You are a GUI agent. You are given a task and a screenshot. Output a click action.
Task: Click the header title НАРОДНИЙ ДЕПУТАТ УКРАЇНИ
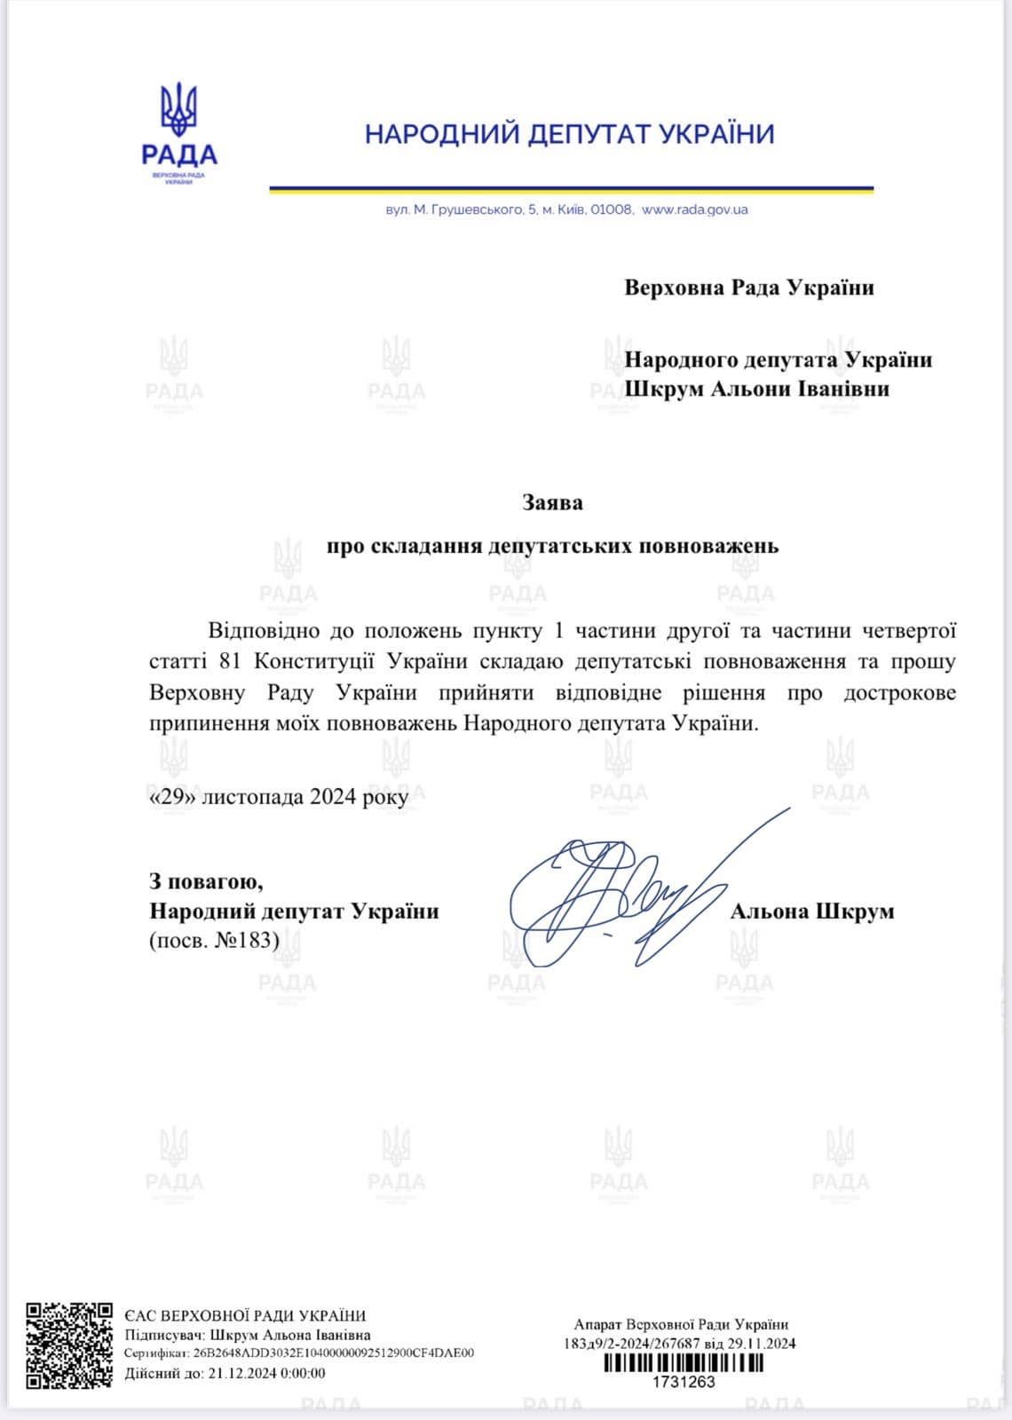click(x=570, y=134)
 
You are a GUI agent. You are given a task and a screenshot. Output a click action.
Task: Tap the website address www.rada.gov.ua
click(x=694, y=209)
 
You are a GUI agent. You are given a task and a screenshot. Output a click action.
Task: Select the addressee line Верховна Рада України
click(x=748, y=288)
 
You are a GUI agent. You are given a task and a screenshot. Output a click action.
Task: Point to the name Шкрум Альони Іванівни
click(x=756, y=389)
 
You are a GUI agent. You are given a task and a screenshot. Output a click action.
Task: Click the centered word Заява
click(x=552, y=502)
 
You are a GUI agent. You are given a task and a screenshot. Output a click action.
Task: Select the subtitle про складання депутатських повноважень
click(x=552, y=545)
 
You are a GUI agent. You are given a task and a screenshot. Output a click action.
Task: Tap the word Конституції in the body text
click(x=316, y=662)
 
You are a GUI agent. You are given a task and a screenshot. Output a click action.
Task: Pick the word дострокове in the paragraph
click(x=899, y=693)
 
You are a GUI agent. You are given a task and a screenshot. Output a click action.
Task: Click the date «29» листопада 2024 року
click(x=279, y=797)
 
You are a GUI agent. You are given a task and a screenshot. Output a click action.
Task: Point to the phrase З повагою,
click(x=206, y=882)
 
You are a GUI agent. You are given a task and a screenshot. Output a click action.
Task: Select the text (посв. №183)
click(x=214, y=940)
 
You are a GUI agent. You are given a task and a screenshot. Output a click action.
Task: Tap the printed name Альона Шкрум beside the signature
click(x=811, y=911)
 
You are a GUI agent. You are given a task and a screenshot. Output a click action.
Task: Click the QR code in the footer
click(x=69, y=1345)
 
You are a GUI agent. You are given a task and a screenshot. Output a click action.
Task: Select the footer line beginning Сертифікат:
click(x=299, y=1353)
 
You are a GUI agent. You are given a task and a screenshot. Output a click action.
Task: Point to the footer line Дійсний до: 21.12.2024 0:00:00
click(x=225, y=1373)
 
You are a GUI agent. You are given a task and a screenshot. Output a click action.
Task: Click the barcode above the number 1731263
click(x=683, y=1363)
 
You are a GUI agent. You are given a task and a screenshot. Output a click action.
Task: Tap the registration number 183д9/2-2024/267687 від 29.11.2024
click(x=679, y=1344)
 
